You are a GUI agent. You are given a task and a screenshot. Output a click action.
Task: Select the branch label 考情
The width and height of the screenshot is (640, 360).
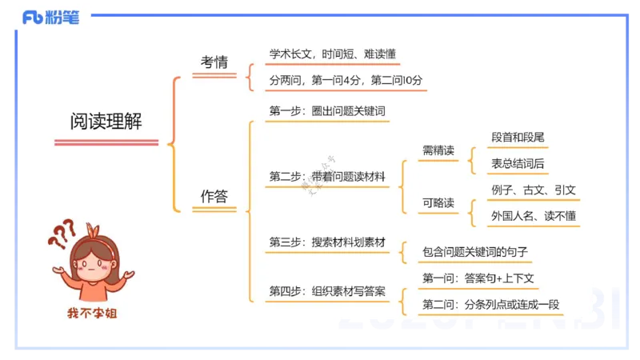coord(214,62)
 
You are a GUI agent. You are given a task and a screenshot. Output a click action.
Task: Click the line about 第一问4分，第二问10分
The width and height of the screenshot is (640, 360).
coord(346,81)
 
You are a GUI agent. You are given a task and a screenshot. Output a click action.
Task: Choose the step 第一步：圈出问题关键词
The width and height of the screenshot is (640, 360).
coord(327,111)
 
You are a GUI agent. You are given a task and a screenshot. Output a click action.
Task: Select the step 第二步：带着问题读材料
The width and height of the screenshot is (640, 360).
coord(327,176)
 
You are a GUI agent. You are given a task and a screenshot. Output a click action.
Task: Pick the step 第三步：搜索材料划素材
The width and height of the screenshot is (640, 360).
coord(327,242)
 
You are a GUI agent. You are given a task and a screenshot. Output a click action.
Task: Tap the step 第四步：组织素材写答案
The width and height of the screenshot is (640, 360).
coord(327,291)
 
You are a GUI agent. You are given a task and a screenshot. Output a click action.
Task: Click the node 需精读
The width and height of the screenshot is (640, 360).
coord(438,150)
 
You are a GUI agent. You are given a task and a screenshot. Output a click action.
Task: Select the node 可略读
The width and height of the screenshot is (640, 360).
coord(438,203)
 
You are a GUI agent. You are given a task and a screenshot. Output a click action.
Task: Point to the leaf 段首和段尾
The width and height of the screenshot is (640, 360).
coord(518,138)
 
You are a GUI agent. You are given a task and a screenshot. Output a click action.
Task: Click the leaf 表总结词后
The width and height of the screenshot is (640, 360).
coord(518,164)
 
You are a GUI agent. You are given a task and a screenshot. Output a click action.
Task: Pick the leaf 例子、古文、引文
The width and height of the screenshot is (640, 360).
coord(534,190)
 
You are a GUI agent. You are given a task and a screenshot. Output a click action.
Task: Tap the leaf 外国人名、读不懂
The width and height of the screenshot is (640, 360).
coord(534,216)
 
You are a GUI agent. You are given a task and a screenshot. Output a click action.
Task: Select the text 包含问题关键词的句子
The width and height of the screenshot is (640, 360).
coord(475,253)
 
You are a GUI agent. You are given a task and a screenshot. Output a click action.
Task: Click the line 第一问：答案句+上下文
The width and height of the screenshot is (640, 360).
coord(478,278)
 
